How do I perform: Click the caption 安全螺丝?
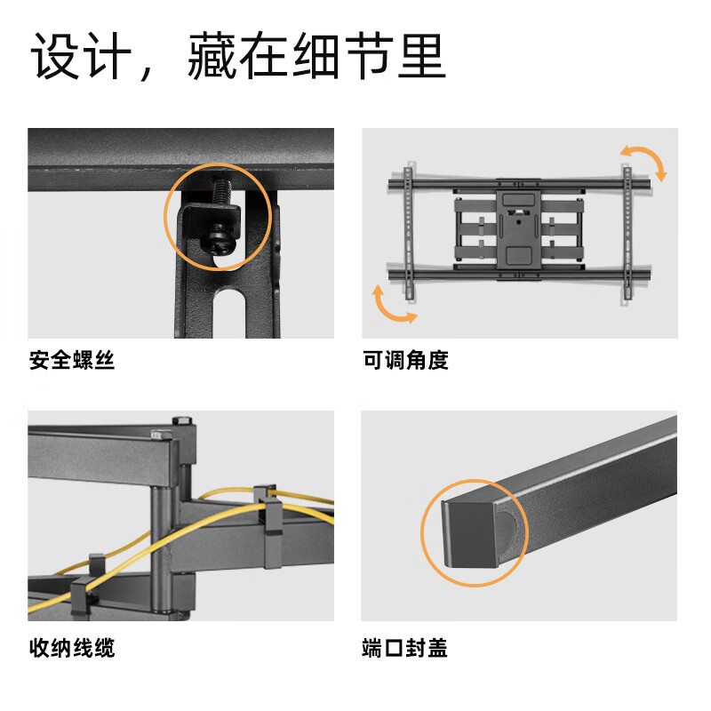[x=72, y=361]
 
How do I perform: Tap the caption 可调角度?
[x=405, y=361]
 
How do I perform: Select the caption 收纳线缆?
[x=72, y=648]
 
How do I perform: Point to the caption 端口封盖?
[x=405, y=648]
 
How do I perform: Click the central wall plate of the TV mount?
[x=517, y=227]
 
